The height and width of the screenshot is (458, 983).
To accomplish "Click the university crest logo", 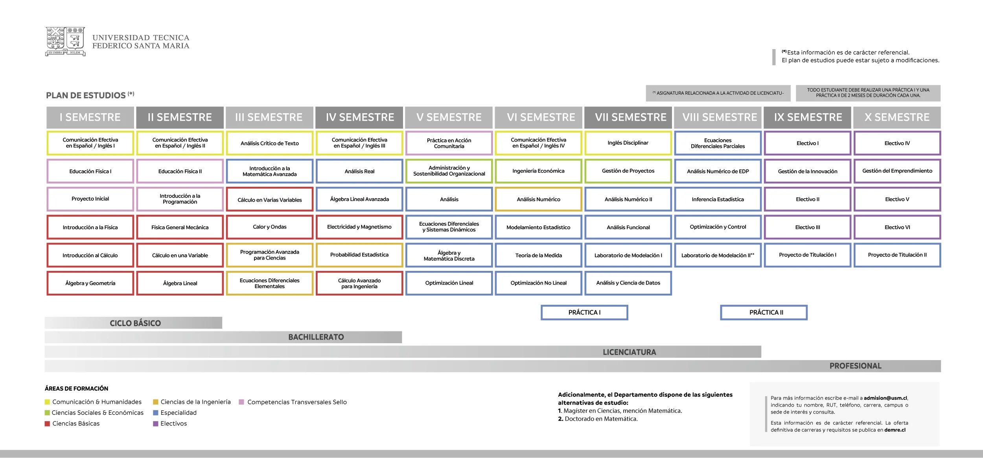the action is point(65,41).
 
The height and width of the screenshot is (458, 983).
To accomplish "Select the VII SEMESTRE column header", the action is point(628,117).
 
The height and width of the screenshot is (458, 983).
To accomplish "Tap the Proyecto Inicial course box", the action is point(90,199).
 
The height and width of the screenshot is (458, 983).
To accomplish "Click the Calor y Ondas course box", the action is point(270,227).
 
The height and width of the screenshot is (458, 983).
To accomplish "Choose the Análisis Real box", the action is point(359,171).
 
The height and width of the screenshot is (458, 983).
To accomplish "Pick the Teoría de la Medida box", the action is point(539,255).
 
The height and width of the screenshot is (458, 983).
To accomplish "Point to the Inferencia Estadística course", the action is point(718,199).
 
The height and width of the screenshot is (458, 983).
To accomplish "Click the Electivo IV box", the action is point(897,143).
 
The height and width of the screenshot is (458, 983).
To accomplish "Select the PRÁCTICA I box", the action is point(584,313).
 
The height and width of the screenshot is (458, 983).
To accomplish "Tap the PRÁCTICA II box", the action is point(764,313).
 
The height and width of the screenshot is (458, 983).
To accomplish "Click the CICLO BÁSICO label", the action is point(135,323).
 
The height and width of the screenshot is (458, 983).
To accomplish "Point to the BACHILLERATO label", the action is point(316,337).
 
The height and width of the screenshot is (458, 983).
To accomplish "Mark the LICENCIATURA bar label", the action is point(630,352).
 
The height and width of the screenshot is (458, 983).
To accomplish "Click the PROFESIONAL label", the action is point(856,366).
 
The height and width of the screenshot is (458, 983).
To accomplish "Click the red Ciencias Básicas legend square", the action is point(47,424).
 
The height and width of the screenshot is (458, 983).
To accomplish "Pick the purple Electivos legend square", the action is point(156,424).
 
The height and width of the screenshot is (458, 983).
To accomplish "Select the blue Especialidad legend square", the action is point(156,413).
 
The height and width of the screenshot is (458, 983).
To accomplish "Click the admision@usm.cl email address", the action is point(885,398).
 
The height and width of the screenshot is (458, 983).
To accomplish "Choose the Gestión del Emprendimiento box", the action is point(897,171).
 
